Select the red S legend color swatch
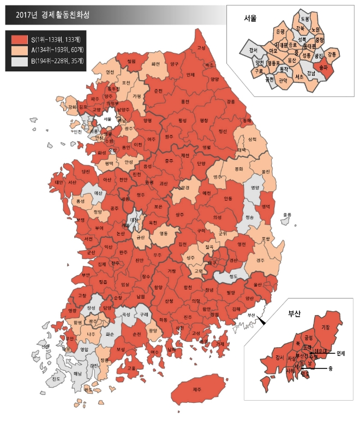click(x=20, y=40)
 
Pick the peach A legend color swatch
click(x=20, y=50)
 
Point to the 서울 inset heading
click(x=250, y=18)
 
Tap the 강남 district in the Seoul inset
click(x=311, y=72)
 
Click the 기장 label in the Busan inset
click(x=326, y=327)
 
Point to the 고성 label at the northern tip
click(x=201, y=47)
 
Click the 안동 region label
click(x=227, y=198)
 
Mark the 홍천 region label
click(x=185, y=101)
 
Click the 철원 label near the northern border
click(x=131, y=62)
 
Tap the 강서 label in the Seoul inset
click(x=253, y=50)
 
